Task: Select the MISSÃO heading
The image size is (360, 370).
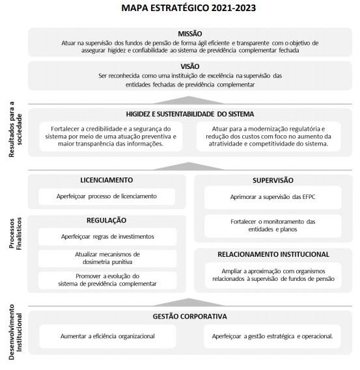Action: (x=189, y=33)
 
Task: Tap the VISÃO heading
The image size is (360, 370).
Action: (x=189, y=66)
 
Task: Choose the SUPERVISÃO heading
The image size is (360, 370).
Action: (x=272, y=179)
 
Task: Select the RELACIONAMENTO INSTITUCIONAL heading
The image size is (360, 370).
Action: (x=272, y=254)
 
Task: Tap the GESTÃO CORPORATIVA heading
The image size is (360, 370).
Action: (x=189, y=317)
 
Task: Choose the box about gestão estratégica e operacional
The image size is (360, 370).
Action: (x=272, y=336)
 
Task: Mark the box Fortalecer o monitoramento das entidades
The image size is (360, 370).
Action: (x=272, y=226)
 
